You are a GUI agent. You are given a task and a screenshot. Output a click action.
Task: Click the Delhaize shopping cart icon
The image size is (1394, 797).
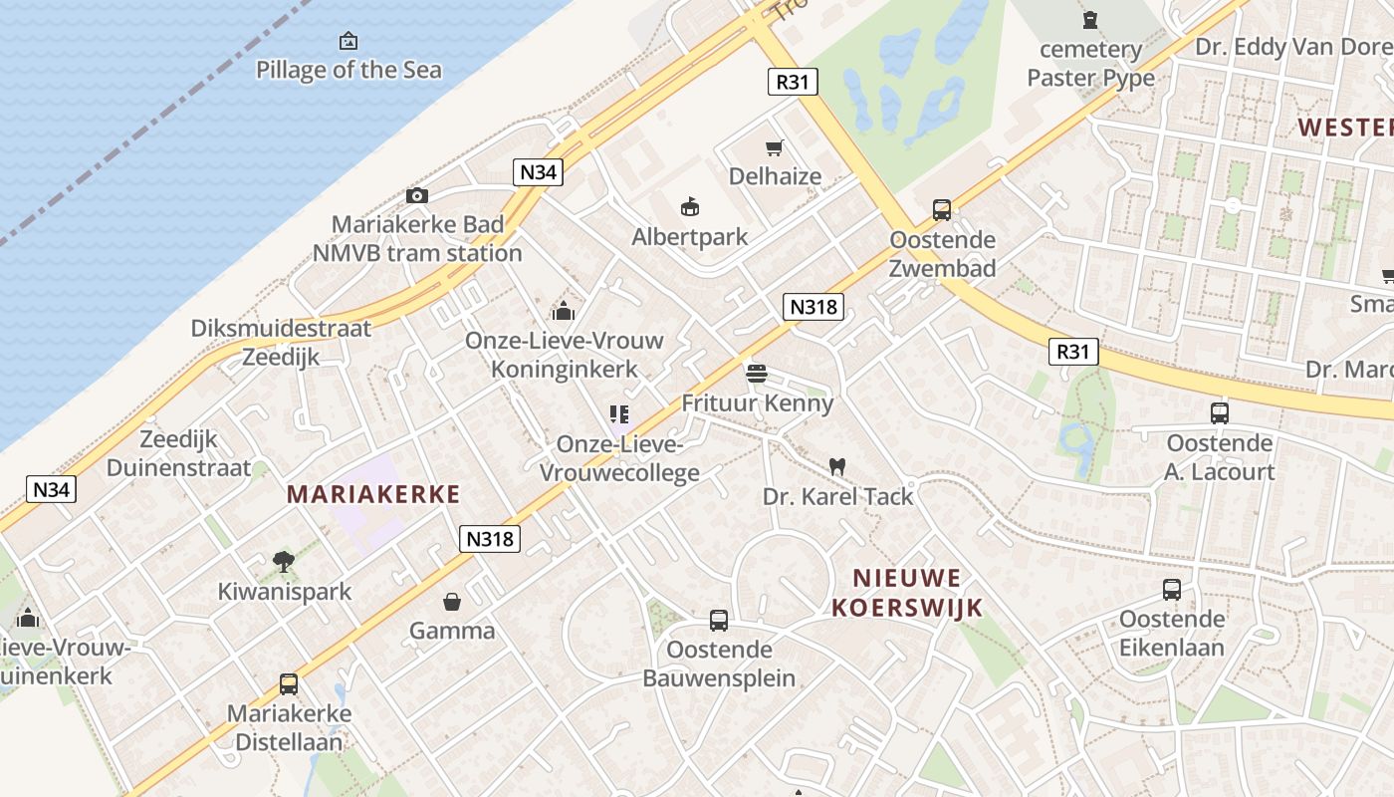pos(774,148)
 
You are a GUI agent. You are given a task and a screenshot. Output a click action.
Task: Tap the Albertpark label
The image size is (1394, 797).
pos(689,237)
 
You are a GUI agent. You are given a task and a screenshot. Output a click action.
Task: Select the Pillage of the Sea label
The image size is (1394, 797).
pos(348,70)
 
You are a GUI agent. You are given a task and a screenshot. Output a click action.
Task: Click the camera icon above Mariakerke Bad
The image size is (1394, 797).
pos(417,195)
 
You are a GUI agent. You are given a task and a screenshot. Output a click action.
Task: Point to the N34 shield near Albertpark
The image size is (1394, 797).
pos(539,171)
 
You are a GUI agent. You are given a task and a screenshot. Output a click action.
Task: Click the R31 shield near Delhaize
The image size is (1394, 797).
pos(793,82)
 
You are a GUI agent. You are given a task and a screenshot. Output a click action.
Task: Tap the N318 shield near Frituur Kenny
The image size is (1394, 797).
pos(813,306)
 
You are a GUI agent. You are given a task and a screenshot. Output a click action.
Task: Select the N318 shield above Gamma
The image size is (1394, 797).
pos(491,539)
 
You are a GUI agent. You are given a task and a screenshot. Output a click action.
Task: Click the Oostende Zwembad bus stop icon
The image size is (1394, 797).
pos(942,210)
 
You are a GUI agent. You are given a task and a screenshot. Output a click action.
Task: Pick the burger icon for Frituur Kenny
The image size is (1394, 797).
pos(757,374)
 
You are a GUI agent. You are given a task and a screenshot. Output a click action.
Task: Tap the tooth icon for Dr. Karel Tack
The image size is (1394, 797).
pos(837,466)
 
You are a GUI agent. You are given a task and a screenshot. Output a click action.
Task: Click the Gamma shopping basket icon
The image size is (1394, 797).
pos(452,602)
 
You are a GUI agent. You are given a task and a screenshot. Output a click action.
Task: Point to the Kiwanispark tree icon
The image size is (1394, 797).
pos(285,562)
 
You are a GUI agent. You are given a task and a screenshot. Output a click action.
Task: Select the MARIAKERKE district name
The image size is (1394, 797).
pos(373,494)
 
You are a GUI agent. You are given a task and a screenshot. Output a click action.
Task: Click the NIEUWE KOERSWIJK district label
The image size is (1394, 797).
pos(907,593)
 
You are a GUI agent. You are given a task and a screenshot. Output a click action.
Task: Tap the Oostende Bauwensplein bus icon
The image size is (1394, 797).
pos(719,621)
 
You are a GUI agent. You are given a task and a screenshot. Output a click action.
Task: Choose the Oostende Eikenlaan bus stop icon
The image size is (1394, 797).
pos(1172,590)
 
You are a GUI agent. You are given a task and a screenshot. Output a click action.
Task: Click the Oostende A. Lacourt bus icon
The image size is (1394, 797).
pos(1220,413)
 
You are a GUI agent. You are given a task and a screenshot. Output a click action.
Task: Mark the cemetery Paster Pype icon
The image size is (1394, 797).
pos(1090,19)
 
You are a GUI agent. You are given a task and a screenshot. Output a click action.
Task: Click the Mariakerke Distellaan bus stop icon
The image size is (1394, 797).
pos(289,684)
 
